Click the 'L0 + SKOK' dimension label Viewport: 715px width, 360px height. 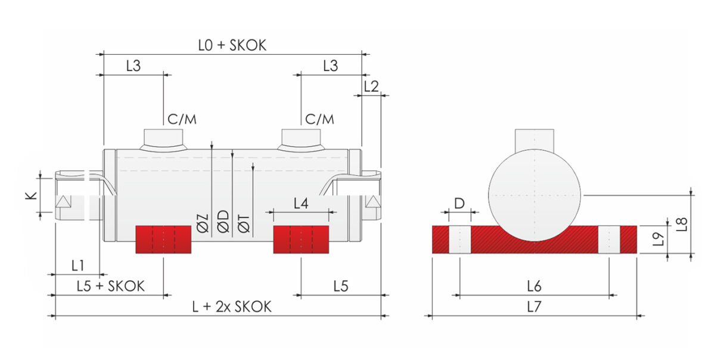tap(232, 45)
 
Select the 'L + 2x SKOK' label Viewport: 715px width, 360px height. tap(232, 306)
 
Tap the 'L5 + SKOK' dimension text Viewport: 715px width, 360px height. tap(111, 286)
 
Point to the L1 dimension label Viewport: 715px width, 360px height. tap(77, 265)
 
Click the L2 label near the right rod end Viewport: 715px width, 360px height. tap(371, 86)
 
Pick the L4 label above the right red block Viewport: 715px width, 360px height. tap(301, 203)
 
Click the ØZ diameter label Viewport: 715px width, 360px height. tap(203, 223)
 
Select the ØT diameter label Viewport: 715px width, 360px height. tap(244, 224)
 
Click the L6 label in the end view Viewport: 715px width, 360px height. tap(534, 286)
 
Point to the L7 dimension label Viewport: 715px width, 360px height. tap(534, 307)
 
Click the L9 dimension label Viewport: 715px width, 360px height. tap(658, 239)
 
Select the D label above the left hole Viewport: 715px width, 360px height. tap(459, 203)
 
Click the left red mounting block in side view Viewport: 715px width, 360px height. tap(163, 240)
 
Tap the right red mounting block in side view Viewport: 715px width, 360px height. tap(301, 240)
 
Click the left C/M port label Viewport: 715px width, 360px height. tap(182, 119)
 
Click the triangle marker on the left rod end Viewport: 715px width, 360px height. tap(63, 201)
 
